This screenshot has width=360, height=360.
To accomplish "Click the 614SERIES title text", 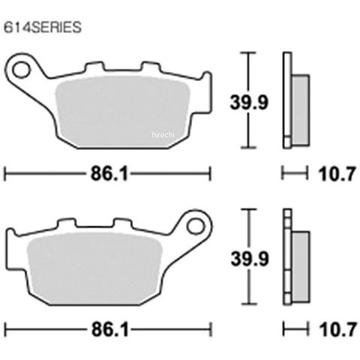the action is [x=43, y=27].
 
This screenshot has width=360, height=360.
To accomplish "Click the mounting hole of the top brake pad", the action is [x=21, y=70].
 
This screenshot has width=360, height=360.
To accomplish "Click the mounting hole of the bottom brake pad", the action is [x=196, y=226].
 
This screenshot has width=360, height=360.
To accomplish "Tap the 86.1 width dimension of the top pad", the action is [x=109, y=173].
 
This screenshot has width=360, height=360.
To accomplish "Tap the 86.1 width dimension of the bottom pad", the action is [x=110, y=329].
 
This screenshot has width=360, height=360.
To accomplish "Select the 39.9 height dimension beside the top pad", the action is [x=249, y=102].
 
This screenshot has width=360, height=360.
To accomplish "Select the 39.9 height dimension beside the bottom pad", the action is [x=250, y=258].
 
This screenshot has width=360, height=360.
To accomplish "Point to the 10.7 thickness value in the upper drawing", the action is [x=337, y=174].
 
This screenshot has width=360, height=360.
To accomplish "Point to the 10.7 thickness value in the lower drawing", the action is [x=337, y=329].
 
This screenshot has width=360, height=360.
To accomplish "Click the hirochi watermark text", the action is [x=163, y=135].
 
